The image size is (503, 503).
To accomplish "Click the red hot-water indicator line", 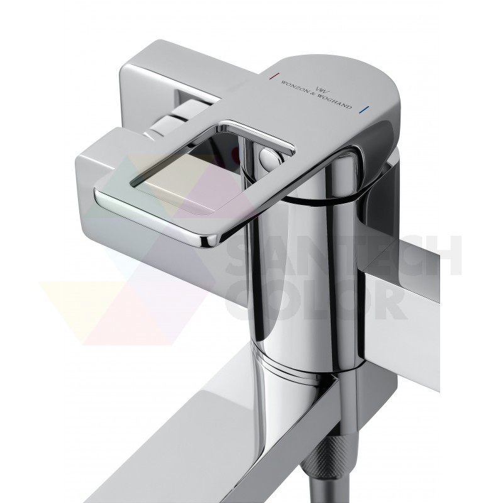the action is (272, 75).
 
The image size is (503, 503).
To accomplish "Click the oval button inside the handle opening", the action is (270, 157).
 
